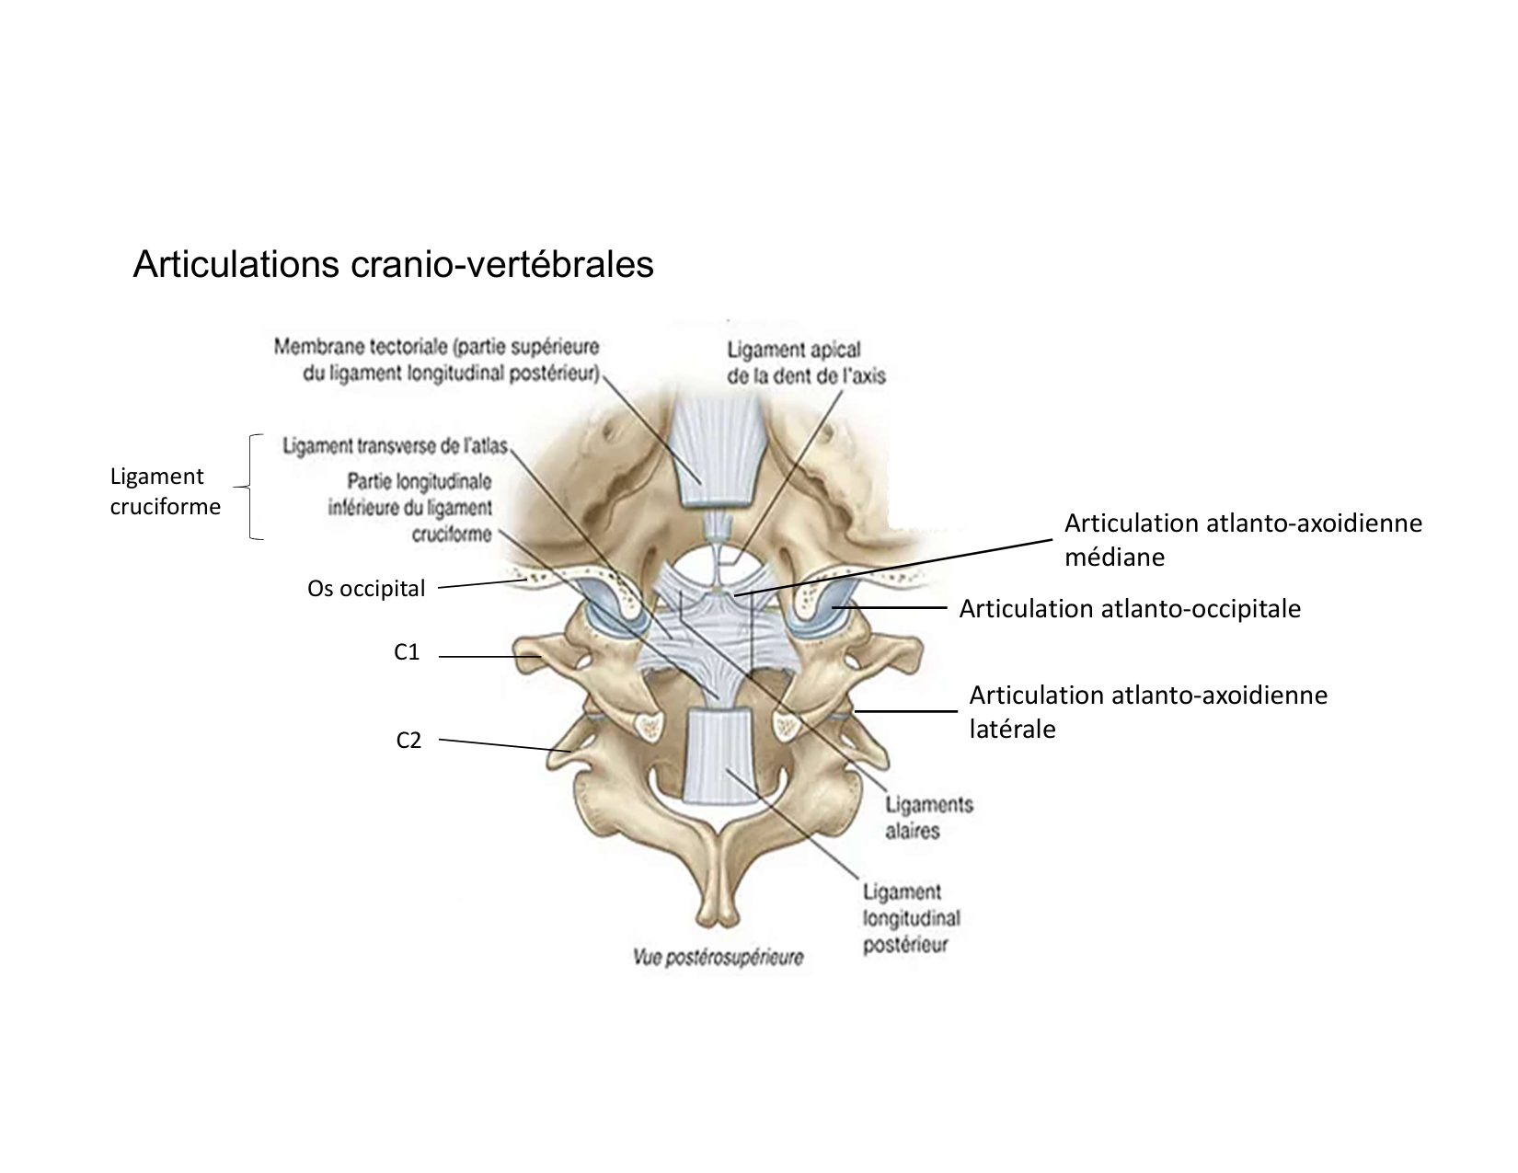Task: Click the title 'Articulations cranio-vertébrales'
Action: (x=393, y=264)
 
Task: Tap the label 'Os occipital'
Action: (x=366, y=589)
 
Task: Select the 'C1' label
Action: (x=407, y=652)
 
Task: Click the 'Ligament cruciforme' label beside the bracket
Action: (x=166, y=491)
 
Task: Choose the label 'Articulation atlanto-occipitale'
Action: (x=1130, y=609)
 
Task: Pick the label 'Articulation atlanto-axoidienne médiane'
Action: (x=1242, y=540)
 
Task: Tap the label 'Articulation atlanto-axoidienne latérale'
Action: (x=1148, y=711)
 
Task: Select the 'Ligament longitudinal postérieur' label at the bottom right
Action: (x=910, y=918)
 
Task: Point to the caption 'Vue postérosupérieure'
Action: (x=718, y=958)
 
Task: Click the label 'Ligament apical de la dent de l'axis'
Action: (x=805, y=362)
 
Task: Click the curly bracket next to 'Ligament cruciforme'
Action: (x=252, y=487)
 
